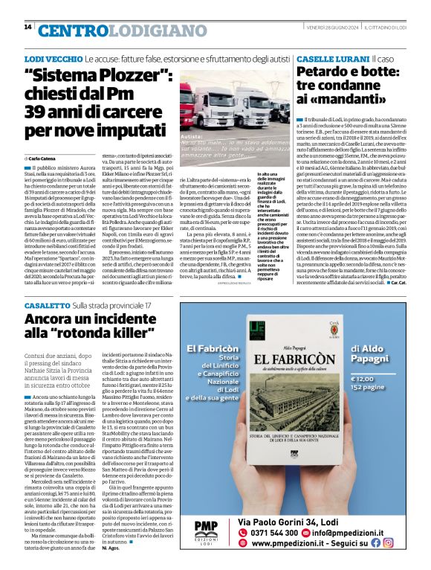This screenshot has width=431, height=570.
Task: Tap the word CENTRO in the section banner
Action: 71,30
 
